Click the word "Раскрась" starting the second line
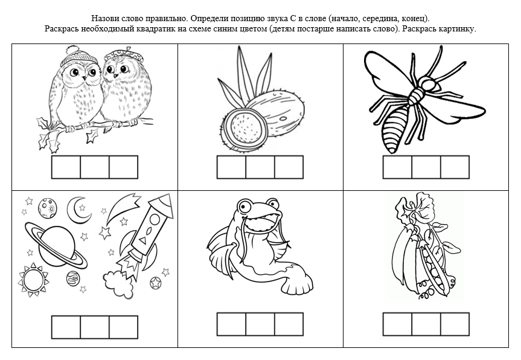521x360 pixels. click(x=60, y=29)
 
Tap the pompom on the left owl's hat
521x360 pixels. click(x=72, y=51)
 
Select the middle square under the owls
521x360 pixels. click(x=95, y=167)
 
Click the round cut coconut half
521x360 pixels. click(x=245, y=127)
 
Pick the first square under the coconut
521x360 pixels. click(x=231, y=167)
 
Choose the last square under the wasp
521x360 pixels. click(x=455, y=167)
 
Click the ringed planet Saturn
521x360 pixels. click(x=56, y=245)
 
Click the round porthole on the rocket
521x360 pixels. click(x=155, y=219)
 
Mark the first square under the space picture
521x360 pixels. click(x=66, y=327)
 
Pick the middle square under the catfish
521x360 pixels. click(x=260, y=324)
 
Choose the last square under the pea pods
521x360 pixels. click(x=455, y=324)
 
